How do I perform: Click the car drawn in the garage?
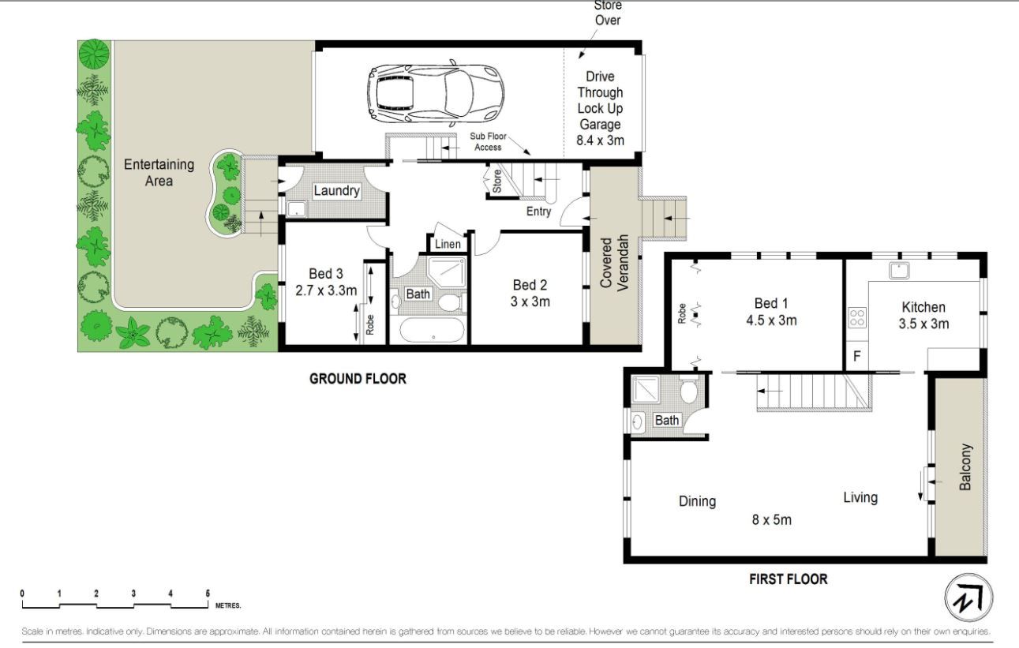[x=436, y=94]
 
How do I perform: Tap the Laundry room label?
[x=336, y=190]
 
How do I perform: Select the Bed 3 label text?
[x=326, y=274]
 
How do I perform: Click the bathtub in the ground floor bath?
[x=432, y=330]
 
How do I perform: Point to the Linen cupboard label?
[x=448, y=244]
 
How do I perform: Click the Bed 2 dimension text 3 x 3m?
[x=530, y=302]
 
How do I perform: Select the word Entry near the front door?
[x=538, y=212]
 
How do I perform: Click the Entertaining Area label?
[x=159, y=173]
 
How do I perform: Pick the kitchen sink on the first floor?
[x=899, y=271]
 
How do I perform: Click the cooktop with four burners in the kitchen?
[x=857, y=318]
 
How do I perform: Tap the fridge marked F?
[x=857, y=356]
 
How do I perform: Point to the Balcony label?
[x=965, y=467]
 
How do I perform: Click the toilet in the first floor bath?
[x=689, y=389]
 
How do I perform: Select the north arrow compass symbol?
[x=968, y=597]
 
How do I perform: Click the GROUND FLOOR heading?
[x=358, y=379]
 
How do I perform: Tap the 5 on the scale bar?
[x=208, y=594]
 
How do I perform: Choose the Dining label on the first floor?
[x=698, y=501]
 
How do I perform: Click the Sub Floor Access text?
[x=488, y=141]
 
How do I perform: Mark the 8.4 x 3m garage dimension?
[x=600, y=140]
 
